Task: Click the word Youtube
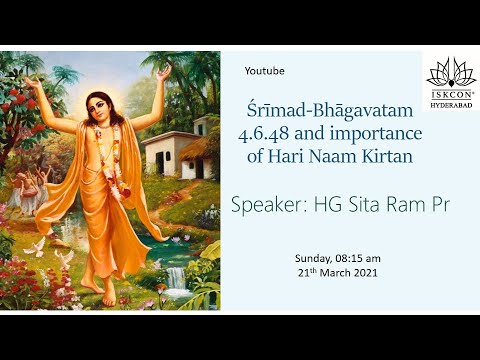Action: [x=265, y=71]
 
